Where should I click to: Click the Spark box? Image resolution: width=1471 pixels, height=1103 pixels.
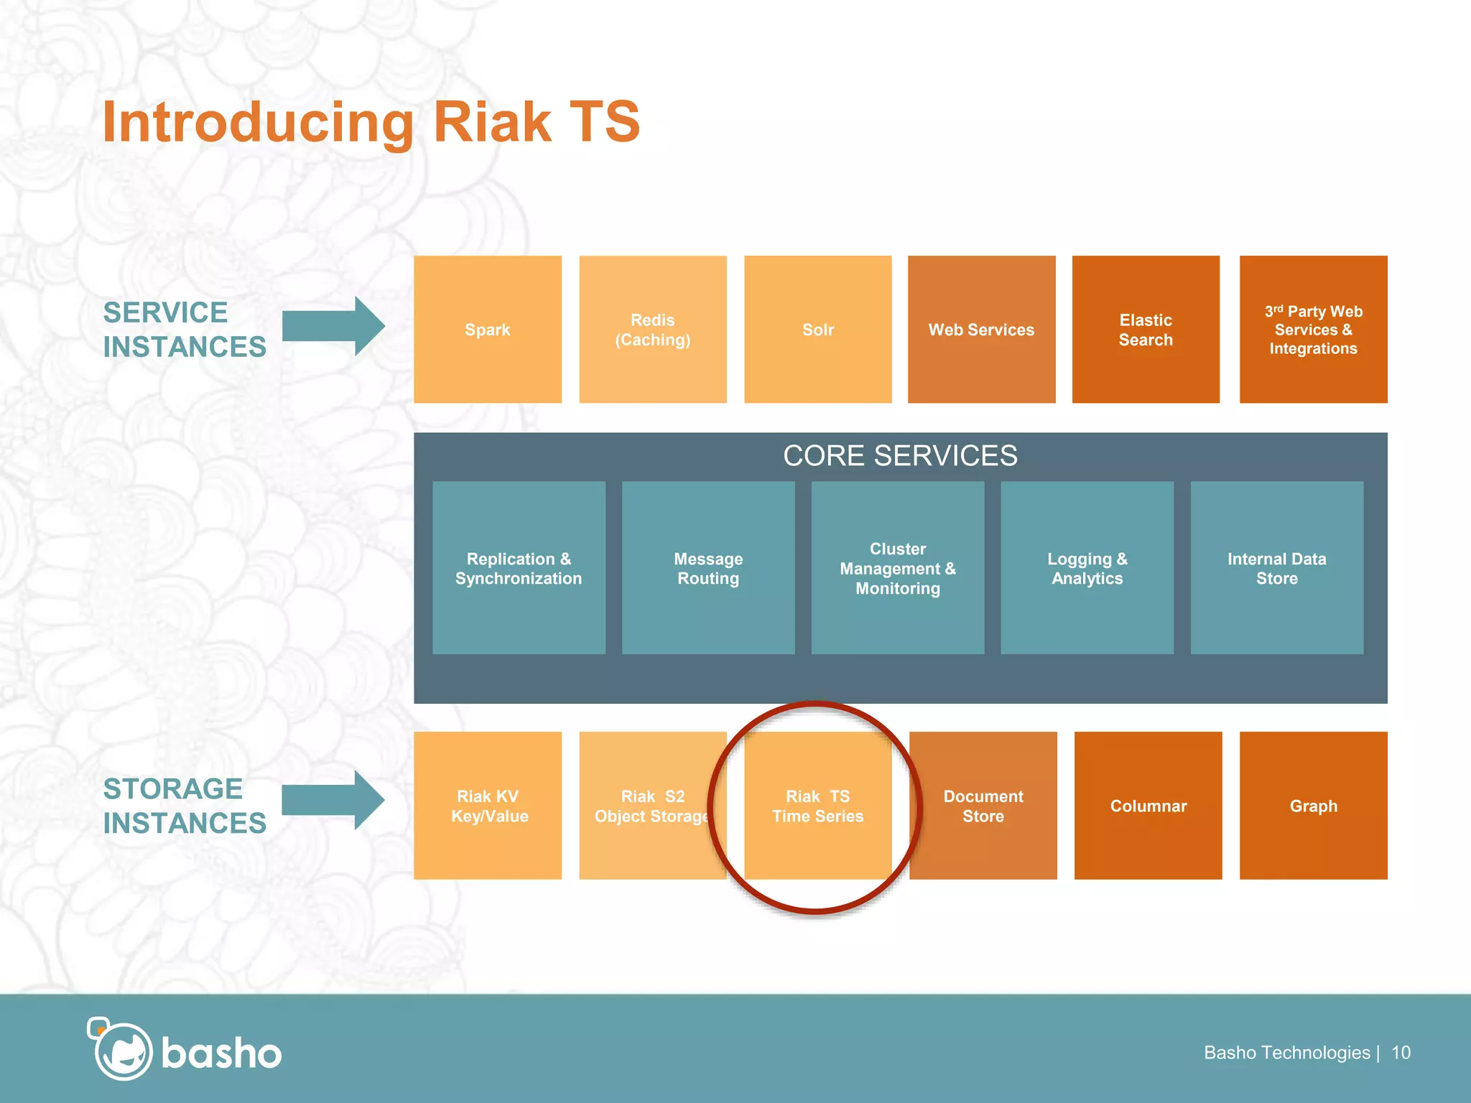[x=487, y=330]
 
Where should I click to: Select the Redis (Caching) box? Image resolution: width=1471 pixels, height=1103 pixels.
[x=652, y=330]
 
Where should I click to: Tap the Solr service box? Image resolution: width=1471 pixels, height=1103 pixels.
[x=817, y=330]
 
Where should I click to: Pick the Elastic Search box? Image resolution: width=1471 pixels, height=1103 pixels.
[x=1146, y=330]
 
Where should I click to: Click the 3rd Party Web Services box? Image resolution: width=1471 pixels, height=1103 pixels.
[x=1313, y=330]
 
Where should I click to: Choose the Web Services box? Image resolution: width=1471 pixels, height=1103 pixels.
[x=981, y=330]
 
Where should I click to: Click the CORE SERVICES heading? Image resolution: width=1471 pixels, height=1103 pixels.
[x=900, y=456]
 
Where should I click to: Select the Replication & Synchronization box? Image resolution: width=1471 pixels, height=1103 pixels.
[x=519, y=568]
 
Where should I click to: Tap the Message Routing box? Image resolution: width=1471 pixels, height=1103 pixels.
[x=708, y=568]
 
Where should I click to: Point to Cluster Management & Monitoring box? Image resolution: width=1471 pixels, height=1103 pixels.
[x=898, y=568]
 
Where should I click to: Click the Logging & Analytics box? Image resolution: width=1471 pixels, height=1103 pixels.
[x=1087, y=568]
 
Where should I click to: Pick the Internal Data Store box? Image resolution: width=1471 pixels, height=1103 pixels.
[x=1276, y=568]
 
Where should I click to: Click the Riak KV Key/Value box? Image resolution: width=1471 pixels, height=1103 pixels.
[x=488, y=806]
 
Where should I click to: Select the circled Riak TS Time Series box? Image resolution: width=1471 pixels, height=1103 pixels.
[x=817, y=806]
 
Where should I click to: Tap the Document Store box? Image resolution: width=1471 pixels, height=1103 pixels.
[x=983, y=806]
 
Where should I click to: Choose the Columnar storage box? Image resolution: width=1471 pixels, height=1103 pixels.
[x=1148, y=806]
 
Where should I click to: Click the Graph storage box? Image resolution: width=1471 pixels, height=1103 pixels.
[x=1313, y=806]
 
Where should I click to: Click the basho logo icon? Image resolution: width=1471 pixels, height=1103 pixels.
[x=121, y=1050]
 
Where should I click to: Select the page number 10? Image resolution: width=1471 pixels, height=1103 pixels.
[x=1401, y=1053]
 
